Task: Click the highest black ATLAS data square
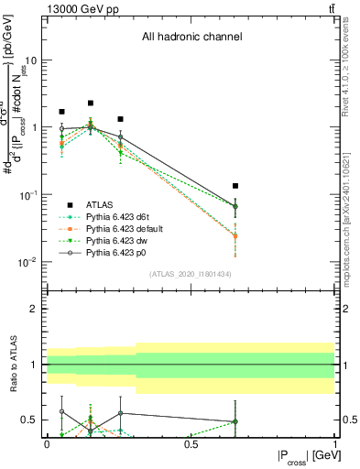[91, 104]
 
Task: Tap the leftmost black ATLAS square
[61, 112]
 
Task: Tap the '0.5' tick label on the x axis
[191, 442]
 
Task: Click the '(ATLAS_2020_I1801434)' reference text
[191, 274]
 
